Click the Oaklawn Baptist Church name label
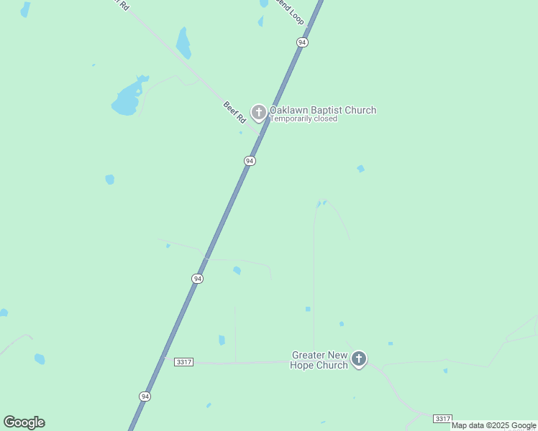[322, 110]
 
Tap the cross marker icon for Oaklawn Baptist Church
[258, 112]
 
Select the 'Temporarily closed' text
[303, 119]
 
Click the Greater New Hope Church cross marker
[358, 358]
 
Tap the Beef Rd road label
[234, 112]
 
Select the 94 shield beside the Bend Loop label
[302, 43]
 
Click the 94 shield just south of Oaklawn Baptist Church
[249, 161]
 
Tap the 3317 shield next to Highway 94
[183, 362]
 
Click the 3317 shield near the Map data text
[442, 418]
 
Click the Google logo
[24, 422]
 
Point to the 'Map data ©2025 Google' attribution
[493, 426]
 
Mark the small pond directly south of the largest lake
[109, 179]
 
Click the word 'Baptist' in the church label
[328, 110]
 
